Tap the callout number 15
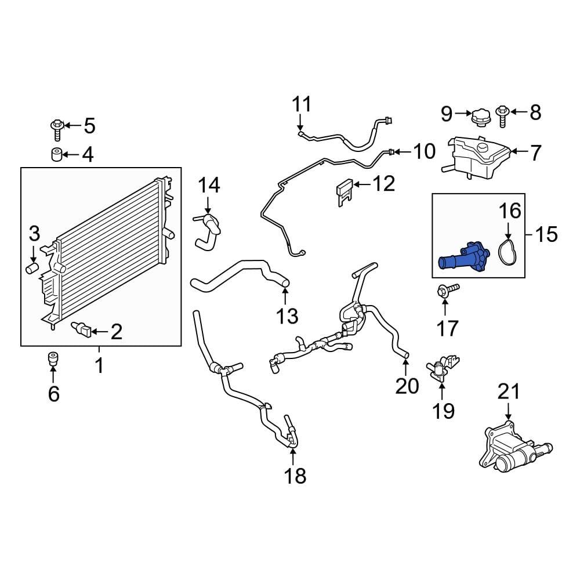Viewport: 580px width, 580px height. [546, 234]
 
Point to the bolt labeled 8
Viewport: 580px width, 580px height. [502, 115]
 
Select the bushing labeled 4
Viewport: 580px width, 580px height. [56, 155]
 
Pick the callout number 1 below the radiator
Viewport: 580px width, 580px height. [99, 365]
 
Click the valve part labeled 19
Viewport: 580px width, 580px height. [442, 368]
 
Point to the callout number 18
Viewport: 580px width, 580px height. [295, 476]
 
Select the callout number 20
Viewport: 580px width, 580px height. [407, 385]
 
